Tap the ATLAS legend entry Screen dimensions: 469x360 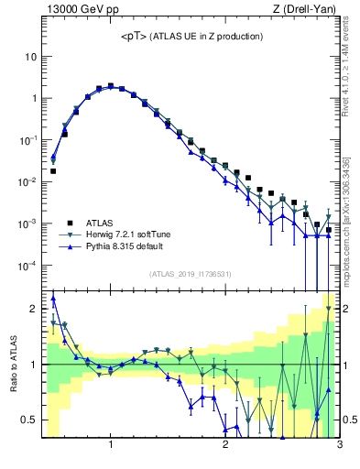pos(100,223)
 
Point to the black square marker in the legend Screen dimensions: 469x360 pos(69,223)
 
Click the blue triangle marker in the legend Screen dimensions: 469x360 pos(69,246)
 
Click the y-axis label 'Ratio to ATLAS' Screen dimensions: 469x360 pos(14,364)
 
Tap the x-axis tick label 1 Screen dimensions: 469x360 pos(111,446)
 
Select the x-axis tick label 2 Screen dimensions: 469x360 pos(225,446)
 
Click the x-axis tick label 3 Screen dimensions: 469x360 pos(339,446)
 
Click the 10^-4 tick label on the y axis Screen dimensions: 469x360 pos(27,266)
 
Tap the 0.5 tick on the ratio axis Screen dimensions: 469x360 pos(29,420)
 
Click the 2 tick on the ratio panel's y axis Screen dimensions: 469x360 pos(34,309)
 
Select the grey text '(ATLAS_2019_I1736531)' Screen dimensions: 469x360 pos(191,274)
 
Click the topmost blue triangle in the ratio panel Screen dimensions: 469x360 pos(53,298)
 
